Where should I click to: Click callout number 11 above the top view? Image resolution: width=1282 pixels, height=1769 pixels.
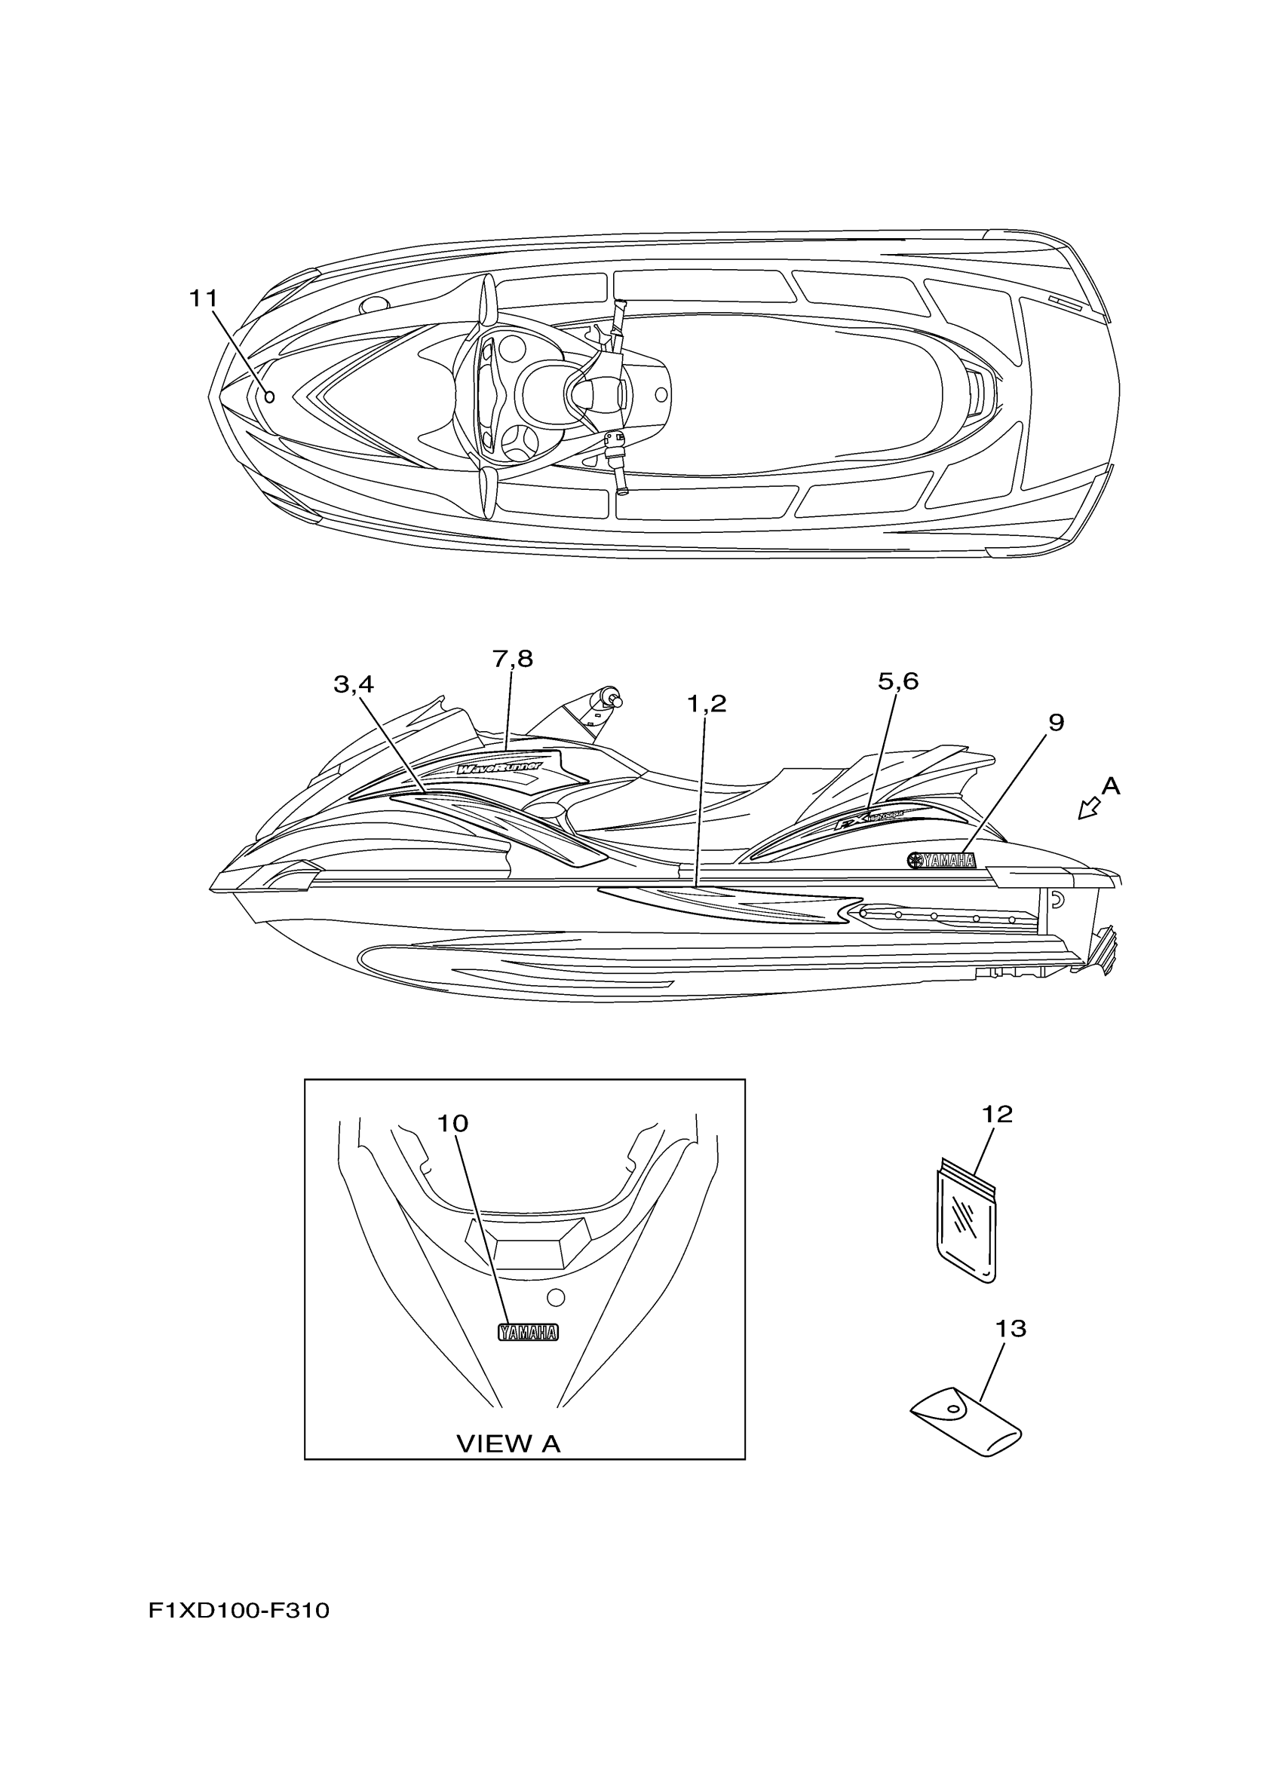[204, 298]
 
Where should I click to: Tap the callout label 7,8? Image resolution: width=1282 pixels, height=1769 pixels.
[513, 659]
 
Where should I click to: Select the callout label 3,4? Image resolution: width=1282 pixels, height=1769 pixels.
[354, 685]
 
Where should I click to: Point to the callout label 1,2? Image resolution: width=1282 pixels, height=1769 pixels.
[706, 703]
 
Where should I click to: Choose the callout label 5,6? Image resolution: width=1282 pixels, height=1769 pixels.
[898, 681]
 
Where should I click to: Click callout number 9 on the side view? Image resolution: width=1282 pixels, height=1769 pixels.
[1055, 723]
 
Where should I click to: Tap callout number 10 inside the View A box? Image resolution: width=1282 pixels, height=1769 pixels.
[452, 1123]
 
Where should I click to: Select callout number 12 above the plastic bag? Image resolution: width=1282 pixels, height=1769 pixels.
[997, 1115]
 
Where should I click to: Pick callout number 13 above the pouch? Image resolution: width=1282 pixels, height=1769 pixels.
[1011, 1328]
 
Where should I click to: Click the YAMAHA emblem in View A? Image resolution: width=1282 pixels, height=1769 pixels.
[528, 1333]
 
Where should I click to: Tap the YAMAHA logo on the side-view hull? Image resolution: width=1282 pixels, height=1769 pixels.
[941, 860]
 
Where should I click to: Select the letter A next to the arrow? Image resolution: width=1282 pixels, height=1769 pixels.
[1110, 787]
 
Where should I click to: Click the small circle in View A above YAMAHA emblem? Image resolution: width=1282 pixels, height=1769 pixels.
[556, 1297]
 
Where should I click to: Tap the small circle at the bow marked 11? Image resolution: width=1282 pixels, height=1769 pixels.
[269, 397]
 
